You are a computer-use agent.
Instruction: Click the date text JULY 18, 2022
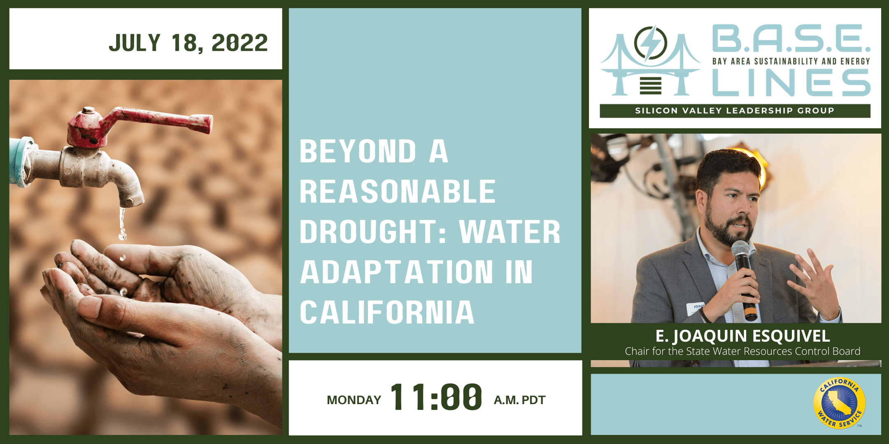(x=188, y=43)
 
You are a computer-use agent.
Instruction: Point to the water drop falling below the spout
(x=122, y=235)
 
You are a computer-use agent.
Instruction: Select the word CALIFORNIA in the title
(x=387, y=312)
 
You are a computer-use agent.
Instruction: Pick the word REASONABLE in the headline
(x=397, y=192)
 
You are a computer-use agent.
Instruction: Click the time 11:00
(x=436, y=397)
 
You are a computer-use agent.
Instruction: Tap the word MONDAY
(x=354, y=400)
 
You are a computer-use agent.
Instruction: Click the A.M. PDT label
(x=519, y=400)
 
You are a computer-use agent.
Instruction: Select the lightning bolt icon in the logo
(x=650, y=43)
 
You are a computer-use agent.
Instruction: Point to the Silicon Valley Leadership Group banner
(x=735, y=111)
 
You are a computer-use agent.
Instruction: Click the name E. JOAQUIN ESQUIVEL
(x=742, y=336)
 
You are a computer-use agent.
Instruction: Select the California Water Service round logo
(x=840, y=403)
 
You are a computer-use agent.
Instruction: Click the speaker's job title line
(x=742, y=351)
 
